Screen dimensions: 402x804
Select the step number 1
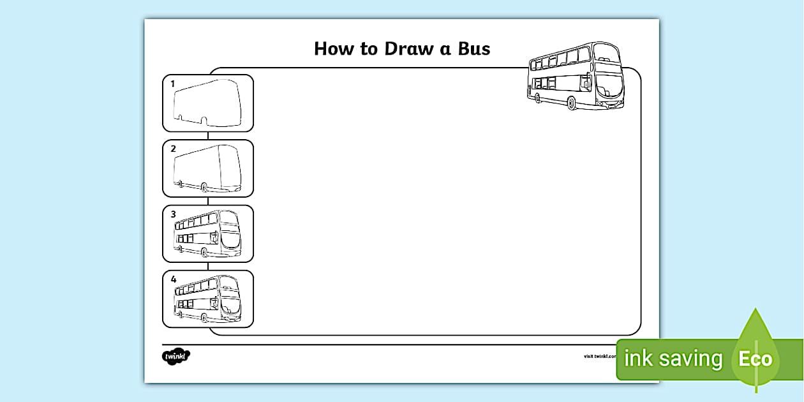172,84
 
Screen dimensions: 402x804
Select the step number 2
172,149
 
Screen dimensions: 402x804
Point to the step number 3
173,214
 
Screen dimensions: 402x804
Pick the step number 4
173,279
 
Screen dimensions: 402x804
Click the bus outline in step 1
208,103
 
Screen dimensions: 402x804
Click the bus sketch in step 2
208,168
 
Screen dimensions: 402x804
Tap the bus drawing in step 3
208,234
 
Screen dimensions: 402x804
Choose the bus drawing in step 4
208,299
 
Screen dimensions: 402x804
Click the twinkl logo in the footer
177,355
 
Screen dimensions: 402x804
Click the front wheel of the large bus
572,103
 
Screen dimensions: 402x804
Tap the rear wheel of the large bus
538,98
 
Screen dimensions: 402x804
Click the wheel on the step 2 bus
204,187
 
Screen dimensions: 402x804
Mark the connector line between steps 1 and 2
208,136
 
